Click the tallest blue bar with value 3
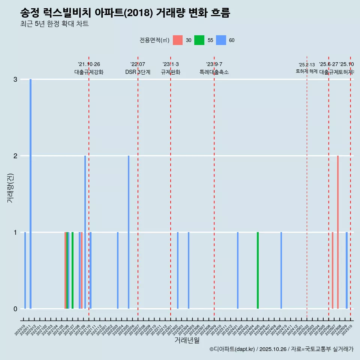pyautogui.click(x=30, y=193)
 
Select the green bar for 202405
pyautogui.click(x=258, y=270)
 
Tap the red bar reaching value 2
pyautogui.click(x=338, y=232)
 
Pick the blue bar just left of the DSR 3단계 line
pyautogui.click(x=129, y=232)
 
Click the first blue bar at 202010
pyautogui.click(x=25, y=270)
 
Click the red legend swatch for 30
pyautogui.click(x=178, y=40)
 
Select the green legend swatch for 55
pyautogui.click(x=199, y=40)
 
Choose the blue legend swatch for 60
pyautogui.click(x=221, y=40)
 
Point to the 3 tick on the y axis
pyautogui.click(x=15, y=79)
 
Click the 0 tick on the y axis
pyautogui.click(x=15, y=309)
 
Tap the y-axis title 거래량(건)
pyautogui.click(x=10, y=188)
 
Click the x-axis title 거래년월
pyautogui.click(x=187, y=340)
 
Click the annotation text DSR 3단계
pyautogui.click(x=138, y=72)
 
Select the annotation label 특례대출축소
pyautogui.click(x=214, y=72)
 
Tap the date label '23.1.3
pyautogui.click(x=171, y=64)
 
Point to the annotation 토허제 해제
pyautogui.click(x=306, y=71)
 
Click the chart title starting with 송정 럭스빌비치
pyautogui.click(x=125, y=13)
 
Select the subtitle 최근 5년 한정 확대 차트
pyautogui.click(x=54, y=24)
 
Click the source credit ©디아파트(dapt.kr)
pyautogui.click(x=232, y=349)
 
